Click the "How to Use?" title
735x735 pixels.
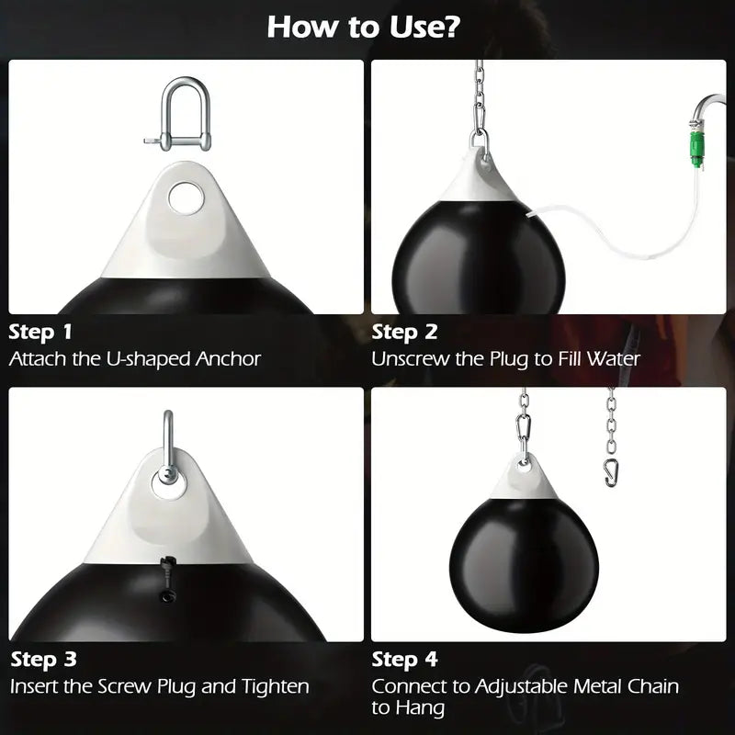pos(364,27)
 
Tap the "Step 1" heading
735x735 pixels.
pos(40,332)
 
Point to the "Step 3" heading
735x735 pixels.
pos(42,659)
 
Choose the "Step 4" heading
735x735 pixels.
pos(404,659)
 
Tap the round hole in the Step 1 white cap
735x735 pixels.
pos(187,196)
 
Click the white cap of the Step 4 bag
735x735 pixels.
pos(524,478)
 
